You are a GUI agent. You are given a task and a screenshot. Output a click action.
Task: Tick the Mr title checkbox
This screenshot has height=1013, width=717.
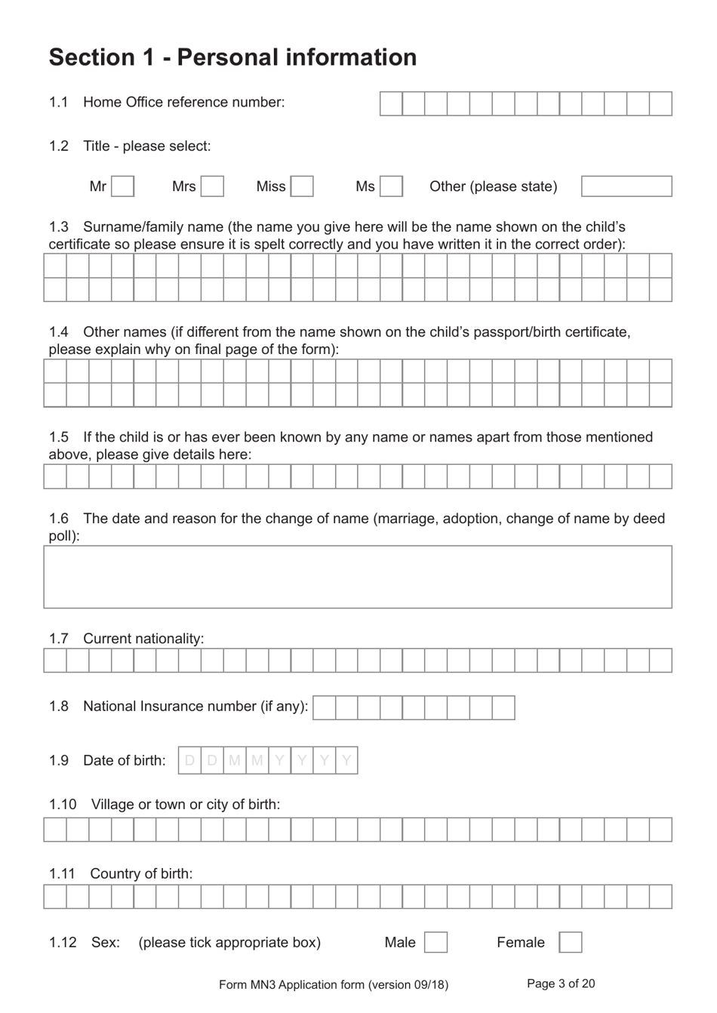point(122,186)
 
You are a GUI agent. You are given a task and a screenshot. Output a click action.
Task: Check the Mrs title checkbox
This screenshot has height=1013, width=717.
point(212,186)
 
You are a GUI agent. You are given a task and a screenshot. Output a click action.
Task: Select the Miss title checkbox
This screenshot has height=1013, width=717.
point(302,186)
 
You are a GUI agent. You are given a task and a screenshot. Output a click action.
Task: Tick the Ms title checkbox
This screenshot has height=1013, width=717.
point(391,186)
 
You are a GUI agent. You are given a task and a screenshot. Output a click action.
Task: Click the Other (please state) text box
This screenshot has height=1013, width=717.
point(626,186)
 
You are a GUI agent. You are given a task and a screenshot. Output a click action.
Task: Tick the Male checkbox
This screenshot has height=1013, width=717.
point(435,942)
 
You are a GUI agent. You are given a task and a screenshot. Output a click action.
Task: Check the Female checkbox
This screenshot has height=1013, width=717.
point(570,942)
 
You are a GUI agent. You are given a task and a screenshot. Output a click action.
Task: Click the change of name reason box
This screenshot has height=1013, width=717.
point(358,577)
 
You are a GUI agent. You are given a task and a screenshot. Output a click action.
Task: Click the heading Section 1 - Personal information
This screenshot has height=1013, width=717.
point(232,57)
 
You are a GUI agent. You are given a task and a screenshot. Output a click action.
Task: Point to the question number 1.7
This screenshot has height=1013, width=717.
point(59,639)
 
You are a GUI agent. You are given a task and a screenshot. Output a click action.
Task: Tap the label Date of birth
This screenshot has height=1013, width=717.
point(125,760)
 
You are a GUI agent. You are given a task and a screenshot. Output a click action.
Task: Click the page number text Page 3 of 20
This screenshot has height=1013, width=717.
point(561,984)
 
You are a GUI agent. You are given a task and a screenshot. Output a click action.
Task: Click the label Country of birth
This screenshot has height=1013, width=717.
point(141,873)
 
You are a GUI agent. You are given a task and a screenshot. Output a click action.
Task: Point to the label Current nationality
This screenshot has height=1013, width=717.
point(143,639)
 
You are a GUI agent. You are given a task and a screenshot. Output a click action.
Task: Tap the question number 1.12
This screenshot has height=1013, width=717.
point(63,942)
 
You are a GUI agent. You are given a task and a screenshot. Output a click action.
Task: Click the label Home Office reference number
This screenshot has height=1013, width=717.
point(184,102)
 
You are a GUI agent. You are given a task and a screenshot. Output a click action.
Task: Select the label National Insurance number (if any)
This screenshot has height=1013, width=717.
point(195,707)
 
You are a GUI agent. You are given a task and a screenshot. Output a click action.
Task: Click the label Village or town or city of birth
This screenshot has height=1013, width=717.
point(186,804)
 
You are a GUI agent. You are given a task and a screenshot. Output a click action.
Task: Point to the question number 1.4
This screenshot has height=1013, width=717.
point(59,331)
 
